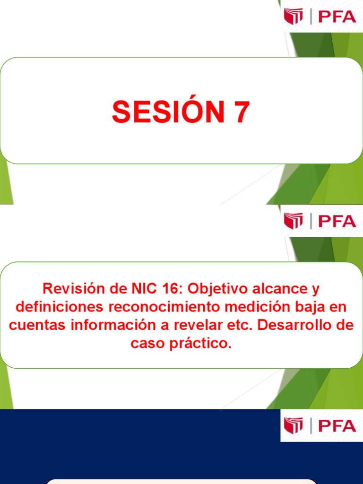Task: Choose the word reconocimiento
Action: (164, 307)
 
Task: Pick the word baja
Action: (309, 307)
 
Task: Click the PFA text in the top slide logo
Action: (337, 17)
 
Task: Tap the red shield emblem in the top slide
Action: (293, 17)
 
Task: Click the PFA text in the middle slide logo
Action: (337, 221)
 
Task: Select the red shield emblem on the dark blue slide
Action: (293, 425)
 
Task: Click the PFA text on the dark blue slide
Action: (337, 425)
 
